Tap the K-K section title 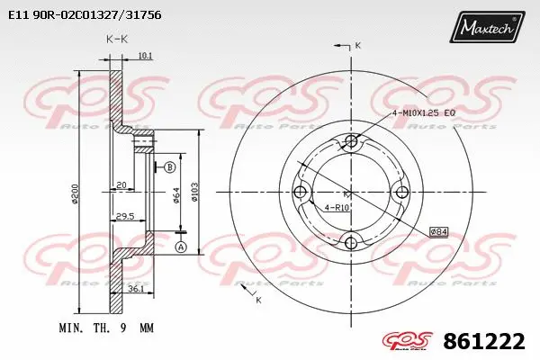[116, 40]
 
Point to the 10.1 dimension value [146, 56]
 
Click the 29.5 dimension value [124, 216]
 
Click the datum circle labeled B [169, 166]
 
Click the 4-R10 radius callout [338, 209]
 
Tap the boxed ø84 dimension [438, 231]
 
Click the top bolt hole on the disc [352, 141]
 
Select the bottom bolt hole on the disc [352, 240]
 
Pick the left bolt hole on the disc [302, 191]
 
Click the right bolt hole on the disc [401, 191]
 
